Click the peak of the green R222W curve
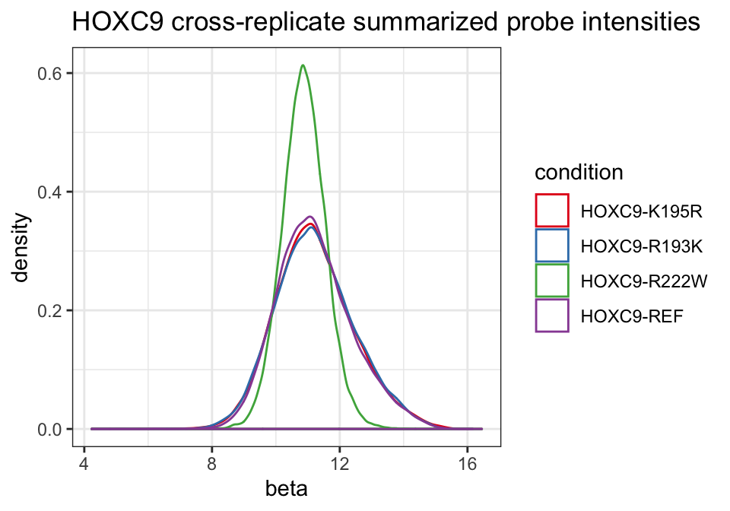[x=303, y=65]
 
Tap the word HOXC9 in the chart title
[x=119, y=22]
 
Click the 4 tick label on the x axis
[x=84, y=464]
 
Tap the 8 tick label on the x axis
[x=212, y=464]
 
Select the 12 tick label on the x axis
[x=340, y=464]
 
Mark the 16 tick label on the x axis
[x=468, y=464]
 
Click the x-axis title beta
[x=287, y=489]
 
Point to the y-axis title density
[x=21, y=247]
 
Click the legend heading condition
[x=579, y=172]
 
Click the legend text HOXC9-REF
[x=632, y=316]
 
